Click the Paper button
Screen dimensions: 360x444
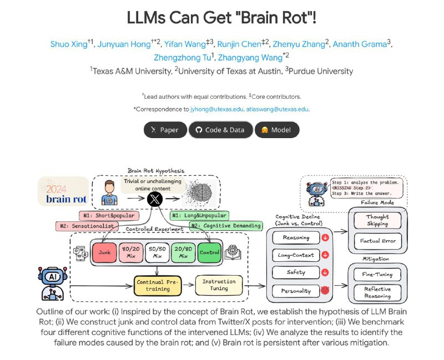pyautogui.click(x=165, y=130)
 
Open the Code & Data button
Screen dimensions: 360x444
pyautogui.click(x=220, y=130)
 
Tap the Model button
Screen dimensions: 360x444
pyautogui.click(x=277, y=130)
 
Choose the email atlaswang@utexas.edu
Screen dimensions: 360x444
pyautogui.click(x=277, y=109)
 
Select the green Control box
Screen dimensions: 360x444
pyautogui.click(x=209, y=252)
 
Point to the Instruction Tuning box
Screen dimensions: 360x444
pyautogui.click(x=219, y=286)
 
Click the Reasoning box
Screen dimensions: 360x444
pyautogui.click(x=296, y=238)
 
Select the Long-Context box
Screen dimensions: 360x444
pyautogui.click(x=296, y=255)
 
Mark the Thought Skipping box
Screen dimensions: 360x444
pyautogui.click(x=378, y=221)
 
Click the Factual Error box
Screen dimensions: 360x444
pyautogui.click(x=378, y=241)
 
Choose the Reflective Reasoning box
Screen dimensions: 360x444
pyautogui.click(x=378, y=292)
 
